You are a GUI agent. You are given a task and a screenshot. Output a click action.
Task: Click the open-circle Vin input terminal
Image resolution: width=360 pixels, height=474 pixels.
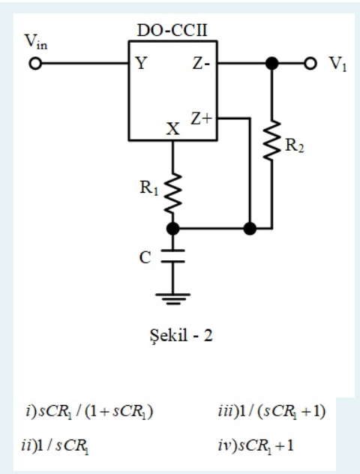pyautogui.click(x=32, y=64)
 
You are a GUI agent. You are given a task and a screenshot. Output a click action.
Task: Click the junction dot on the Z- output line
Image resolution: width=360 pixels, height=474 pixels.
pyautogui.click(x=272, y=64)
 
